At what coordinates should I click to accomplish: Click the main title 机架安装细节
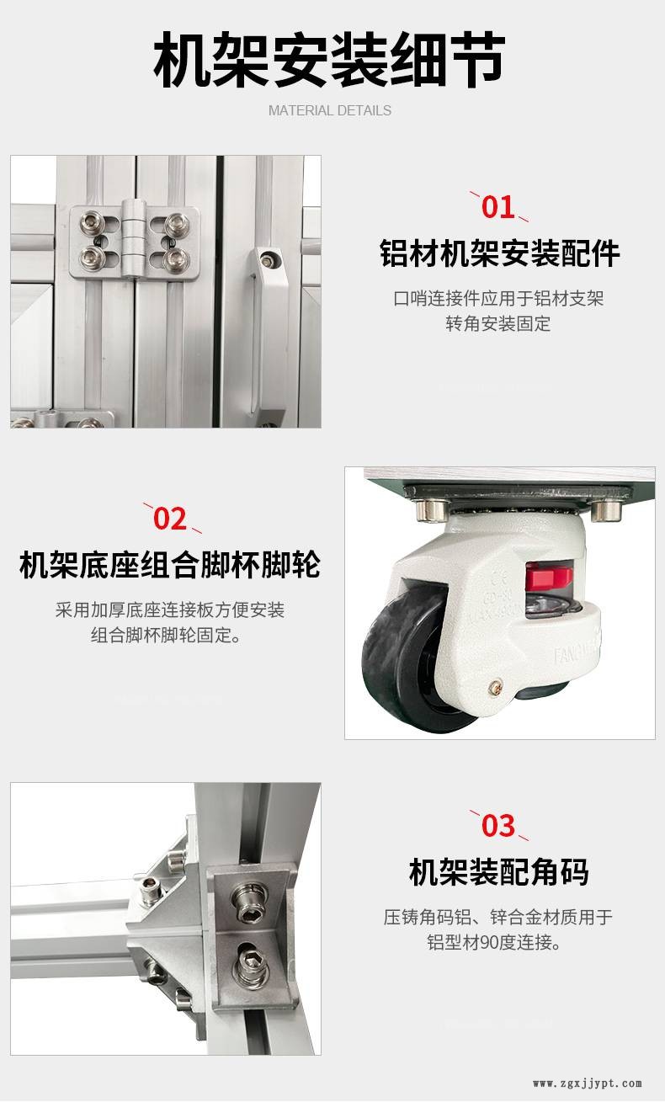pyautogui.click(x=329, y=60)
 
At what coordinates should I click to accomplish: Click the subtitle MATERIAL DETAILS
pyautogui.click(x=329, y=110)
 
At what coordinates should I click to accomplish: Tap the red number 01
pyautogui.click(x=497, y=207)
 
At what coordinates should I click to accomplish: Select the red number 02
pyautogui.click(x=170, y=519)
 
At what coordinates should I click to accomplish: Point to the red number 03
pyautogui.click(x=498, y=826)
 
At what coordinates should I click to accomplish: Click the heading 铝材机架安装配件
pyautogui.click(x=499, y=254)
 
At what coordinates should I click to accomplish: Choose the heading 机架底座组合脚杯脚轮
pyautogui.click(x=170, y=564)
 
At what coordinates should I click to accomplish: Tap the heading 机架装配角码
pyautogui.click(x=498, y=872)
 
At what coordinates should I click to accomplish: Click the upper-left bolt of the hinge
pyautogui.click(x=92, y=221)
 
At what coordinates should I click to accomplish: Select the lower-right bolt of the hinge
pyautogui.click(x=176, y=258)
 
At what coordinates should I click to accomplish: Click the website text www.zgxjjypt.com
pyautogui.click(x=588, y=1083)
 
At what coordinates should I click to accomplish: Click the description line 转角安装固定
pyautogui.click(x=498, y=324)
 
